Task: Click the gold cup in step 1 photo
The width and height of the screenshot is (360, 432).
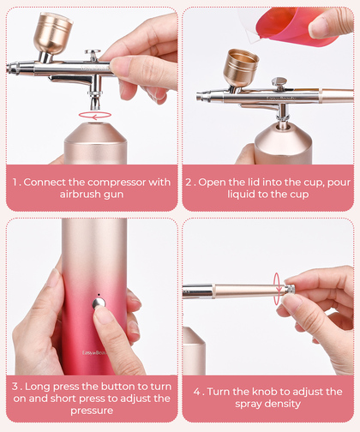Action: tap(53, 33)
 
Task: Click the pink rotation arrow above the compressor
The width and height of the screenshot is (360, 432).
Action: tap(95, 115)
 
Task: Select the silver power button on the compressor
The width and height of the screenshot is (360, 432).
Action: tap(99, 303)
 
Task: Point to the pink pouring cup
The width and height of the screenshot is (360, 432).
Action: tap(289, 27)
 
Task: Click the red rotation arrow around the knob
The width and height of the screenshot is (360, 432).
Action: tap(277, 289)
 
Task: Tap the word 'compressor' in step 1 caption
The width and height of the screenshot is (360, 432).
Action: tap(117, 183)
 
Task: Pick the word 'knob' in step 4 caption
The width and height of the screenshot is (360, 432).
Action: tap(264, 392)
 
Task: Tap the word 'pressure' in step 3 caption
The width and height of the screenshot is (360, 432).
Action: tap(92, 411)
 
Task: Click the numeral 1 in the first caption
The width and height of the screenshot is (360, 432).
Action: tap(15, 183)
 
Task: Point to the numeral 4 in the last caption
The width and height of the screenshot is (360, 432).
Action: tap(197, 392)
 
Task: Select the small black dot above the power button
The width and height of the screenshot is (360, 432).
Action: tap(99, 294)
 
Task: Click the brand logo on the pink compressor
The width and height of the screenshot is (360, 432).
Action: tap(94, 353)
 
